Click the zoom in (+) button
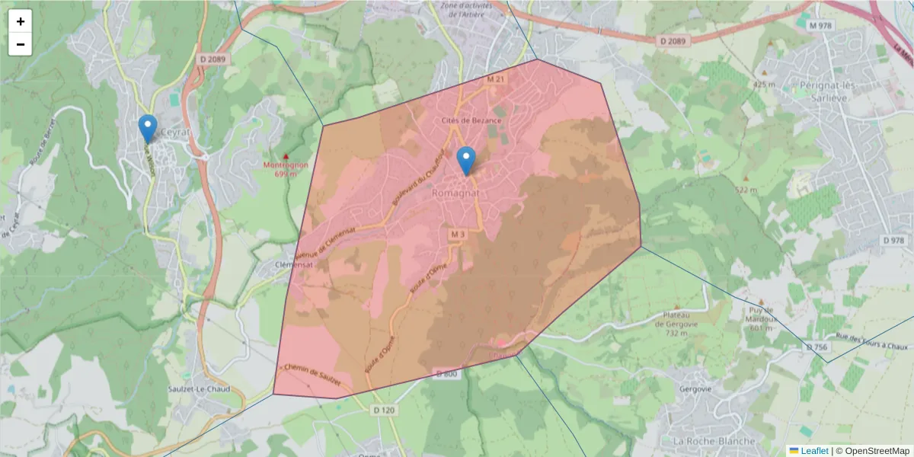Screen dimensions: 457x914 pos(21,21)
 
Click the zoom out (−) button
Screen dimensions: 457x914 pos(21,44)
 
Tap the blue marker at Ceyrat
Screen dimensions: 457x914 pos(148,127)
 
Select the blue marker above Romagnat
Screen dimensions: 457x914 pos(465,160)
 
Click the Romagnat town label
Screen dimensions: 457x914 pos(455,193)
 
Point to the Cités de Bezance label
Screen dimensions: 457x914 pos(471,120)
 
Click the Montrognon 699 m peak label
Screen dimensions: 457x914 pos(285,168)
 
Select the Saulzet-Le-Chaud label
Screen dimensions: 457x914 pos(200,388)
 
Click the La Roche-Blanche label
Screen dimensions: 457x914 pos(714,441)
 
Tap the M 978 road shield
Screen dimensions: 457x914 pos(820,25)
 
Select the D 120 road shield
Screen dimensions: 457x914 pos(385,411)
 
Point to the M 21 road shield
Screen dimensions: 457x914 pos(496,79)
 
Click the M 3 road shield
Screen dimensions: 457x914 pos(457,233)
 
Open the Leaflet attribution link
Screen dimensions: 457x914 pos(813,451)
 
